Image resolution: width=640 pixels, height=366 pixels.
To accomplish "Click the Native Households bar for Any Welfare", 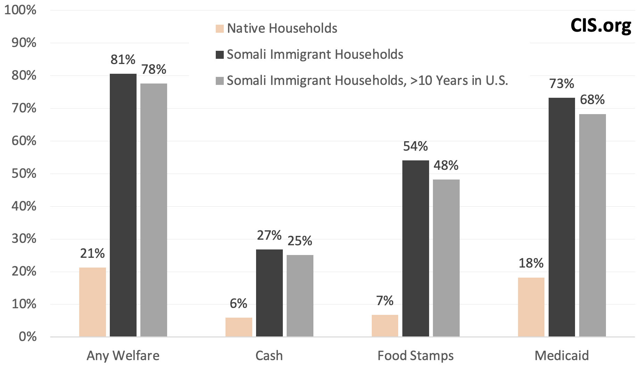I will (x=92, y=302).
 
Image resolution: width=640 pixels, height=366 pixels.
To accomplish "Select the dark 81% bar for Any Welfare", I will (x=123, y=205).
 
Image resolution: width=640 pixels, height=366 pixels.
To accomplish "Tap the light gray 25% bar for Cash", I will (x=300, y=296).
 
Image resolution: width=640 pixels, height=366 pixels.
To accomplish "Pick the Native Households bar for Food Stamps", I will (x=385, y=326).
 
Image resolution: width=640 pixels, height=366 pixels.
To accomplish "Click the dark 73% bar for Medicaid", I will (x=562, y=217).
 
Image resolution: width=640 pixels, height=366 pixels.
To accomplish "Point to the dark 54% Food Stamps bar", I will (x=416, y=248).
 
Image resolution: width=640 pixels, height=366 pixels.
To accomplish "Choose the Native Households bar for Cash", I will (x=239, y=327).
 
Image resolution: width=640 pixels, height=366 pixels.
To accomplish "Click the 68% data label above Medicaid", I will (x=592, y=100).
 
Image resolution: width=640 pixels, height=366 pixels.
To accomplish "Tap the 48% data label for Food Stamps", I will (x=446, y=166).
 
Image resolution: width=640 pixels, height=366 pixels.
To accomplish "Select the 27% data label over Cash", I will (x=269, y=236).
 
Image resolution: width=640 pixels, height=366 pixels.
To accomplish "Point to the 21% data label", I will (x=92, y=254).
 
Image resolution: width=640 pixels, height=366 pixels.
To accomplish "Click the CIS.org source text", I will (x=601, y=25).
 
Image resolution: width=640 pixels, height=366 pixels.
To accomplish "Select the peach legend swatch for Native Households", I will (x=220, y=29).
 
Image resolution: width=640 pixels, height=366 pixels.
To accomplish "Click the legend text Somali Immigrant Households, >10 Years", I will (x=367, y=81).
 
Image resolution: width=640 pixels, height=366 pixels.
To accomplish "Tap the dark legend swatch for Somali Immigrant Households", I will (x=220, y=55).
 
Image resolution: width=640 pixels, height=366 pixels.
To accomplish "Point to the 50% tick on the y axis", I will (x=24, y=174).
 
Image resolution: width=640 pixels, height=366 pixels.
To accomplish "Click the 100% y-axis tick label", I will (x=20, y=10).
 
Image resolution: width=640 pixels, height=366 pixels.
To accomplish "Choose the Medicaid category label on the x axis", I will (x=562, y=356).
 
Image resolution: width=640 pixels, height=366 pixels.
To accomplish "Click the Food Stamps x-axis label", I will (x=416, y=356).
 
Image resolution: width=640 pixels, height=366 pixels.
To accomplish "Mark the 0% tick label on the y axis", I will (x=27, y=337).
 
